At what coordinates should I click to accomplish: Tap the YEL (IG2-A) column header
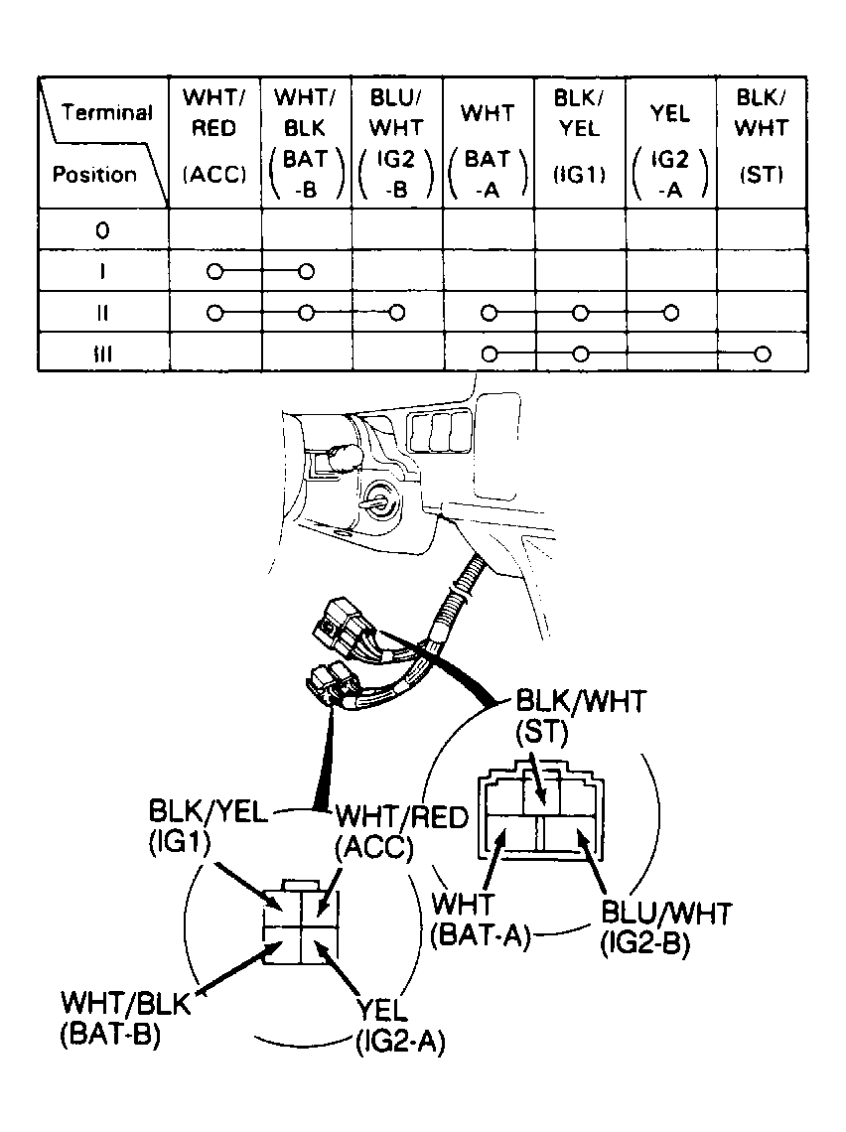[670, 152]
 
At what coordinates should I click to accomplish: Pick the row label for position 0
[102, 230]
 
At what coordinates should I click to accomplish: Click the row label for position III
[102, 354]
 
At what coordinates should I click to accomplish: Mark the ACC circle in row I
[214, 271]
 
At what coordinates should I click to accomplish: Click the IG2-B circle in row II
[396, 313]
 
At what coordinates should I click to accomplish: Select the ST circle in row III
[763, 354]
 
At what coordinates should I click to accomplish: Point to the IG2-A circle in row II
[670, 313]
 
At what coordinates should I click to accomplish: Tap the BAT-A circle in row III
[490, 354]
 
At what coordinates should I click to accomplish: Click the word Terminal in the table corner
[107, 112]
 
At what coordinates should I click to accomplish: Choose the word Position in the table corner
[94, 174]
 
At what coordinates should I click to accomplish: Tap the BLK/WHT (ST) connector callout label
[581, 716]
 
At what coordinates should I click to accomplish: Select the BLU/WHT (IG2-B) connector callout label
[666, 928]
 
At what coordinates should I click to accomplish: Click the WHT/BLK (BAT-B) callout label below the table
[125, 1018]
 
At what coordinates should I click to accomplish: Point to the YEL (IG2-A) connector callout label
[400, 1026]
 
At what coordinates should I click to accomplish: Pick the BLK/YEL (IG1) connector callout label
[208, 826]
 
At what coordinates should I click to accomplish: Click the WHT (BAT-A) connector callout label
[480, 920]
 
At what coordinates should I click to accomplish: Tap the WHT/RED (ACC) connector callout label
[402, 832]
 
